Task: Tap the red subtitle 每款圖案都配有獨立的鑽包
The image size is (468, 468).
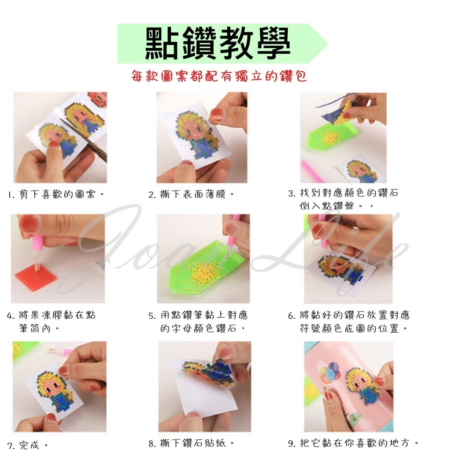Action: coord(219,76)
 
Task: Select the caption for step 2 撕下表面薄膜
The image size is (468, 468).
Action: coord(191,194)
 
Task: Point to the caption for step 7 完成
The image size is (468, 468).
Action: coord(28,445)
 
